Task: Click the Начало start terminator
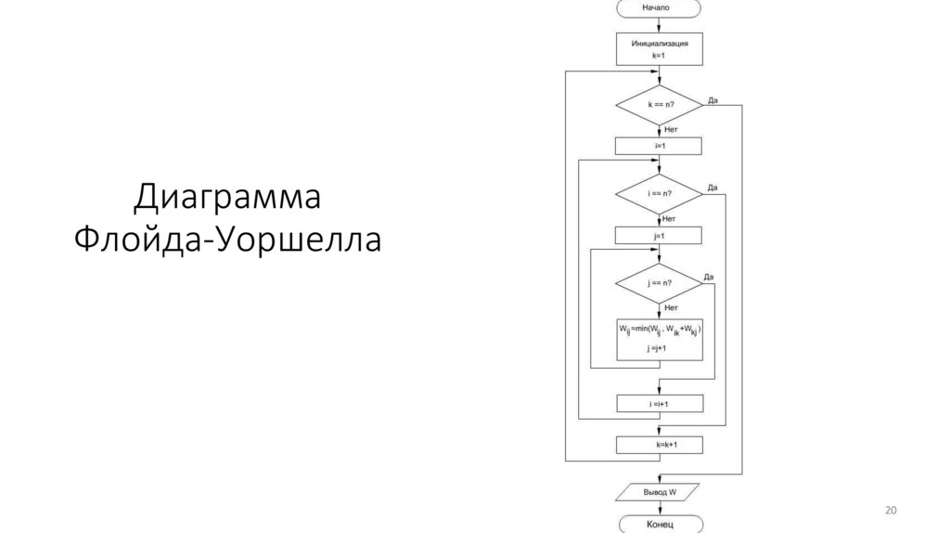tap(659, 8)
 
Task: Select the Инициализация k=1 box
tap(659, 49)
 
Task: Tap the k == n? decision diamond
tap(659, 107)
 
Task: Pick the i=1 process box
tap(659, 146)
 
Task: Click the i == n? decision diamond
tap(659, 195)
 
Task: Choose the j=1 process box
tap(659, 236)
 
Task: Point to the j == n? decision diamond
tap(659, 282)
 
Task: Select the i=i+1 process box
tap(659, 404)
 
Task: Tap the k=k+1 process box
tap(659, 446)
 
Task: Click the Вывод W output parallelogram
tap(659, 490)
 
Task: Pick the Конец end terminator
tap(659, 524)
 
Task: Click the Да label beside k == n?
tap(712, 99)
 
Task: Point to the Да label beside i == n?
tap(712, 188)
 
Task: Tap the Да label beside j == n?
tap(708, 277)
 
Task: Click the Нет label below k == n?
tap(671, 130)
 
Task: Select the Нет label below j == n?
tap(671, 307)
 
